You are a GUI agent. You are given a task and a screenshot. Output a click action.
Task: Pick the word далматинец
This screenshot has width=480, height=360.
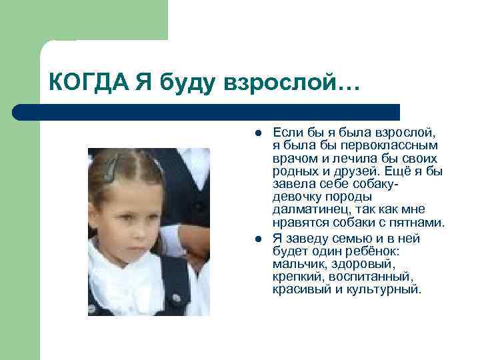click(x=307, y=210)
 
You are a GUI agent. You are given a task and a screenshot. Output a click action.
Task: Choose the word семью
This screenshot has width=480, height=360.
click(x=350, y=238)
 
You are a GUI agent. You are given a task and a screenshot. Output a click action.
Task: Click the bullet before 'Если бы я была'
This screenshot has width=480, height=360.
click(x=257, y=131)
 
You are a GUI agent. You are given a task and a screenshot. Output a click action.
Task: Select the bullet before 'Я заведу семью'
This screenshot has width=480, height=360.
click(x=257, y=238)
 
